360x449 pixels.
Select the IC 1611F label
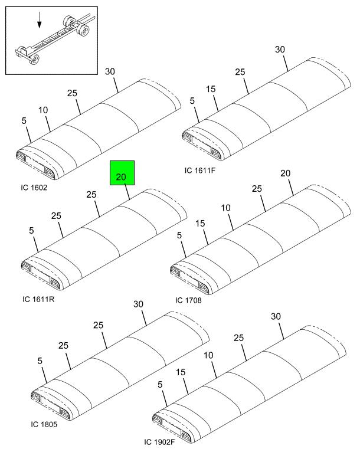[200, 170]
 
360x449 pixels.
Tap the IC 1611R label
[38, 299]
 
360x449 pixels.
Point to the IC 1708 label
[188, 300]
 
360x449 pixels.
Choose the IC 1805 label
[44, 425]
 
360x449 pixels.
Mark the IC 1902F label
[161, 442]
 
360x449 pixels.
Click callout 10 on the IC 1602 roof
[44, 110]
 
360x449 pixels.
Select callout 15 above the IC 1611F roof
[212, 89]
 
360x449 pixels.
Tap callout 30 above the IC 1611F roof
[280, 50]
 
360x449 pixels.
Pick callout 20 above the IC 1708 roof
[286, 173]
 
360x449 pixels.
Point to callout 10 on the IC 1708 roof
[226, 208]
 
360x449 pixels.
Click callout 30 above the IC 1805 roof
[139, 304]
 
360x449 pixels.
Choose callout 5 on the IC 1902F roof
[159, 384]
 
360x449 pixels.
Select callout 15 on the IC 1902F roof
[181, 372]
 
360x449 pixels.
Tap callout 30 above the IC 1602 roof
[110, 71]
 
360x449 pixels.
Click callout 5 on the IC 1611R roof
[32, 231]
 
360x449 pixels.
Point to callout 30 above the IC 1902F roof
[276, 316]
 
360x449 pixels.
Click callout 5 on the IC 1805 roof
[40, 360]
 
